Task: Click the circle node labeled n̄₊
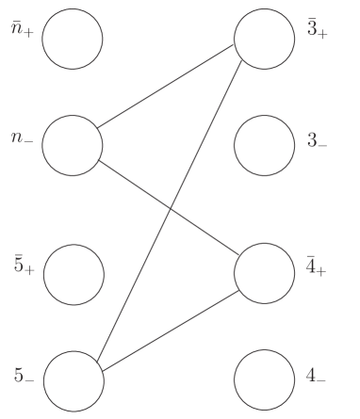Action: [x=73, y=40]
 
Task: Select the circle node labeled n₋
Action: [x=73, y=146]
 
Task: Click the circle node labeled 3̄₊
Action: [x=265, y=40]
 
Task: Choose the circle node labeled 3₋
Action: [x=265, y=146]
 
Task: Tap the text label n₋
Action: [x=22, y=138]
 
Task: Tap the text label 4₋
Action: [x=317, y=376]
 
